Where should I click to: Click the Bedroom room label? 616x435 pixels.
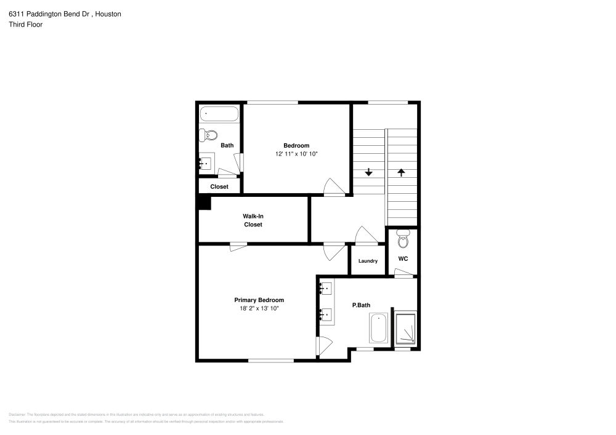point(296,145)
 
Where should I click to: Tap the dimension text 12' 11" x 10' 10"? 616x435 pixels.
point(296,154)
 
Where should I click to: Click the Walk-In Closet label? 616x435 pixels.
point(253,220)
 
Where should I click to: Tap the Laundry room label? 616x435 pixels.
point(368,261)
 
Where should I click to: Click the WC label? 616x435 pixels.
point(403,258)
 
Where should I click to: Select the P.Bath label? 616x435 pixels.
point(360,305)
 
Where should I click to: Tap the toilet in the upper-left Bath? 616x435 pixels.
point(210,135)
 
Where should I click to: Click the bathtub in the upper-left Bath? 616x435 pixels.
point(219,114)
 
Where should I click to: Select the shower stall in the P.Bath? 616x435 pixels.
point(405,329)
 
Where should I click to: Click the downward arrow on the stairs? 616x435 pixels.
point(368,172)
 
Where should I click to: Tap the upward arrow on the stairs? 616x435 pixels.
point(401,173)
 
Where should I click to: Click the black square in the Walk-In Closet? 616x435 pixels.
point(205,203)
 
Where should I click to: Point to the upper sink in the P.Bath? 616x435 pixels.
point(326,289)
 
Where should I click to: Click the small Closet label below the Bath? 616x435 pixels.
point(219,186)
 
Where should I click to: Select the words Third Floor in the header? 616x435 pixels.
point(25,25)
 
